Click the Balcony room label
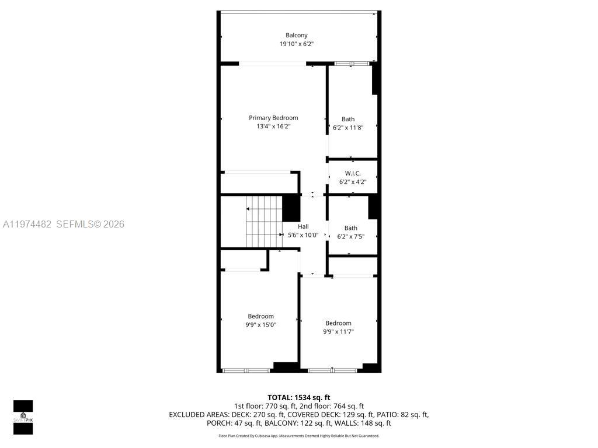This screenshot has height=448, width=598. pos(296,35)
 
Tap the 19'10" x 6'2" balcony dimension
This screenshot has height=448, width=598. pos(296,44)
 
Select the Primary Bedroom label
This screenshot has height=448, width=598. pos(273,118)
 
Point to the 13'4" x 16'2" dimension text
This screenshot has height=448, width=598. pos(273,126)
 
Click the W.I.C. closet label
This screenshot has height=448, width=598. pos(353,173)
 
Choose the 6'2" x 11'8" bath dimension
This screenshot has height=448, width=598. pos(347,128)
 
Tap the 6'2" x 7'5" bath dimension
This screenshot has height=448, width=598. pos(351,237)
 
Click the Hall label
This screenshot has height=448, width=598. pos(303,226)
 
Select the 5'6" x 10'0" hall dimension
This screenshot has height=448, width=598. pos(303,235)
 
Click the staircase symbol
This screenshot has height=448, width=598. pos(263,222)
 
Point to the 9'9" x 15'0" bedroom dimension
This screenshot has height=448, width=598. pos(260,325)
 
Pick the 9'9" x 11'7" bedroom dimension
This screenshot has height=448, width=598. pos(338,332)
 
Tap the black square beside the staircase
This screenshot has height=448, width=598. pos(291,208)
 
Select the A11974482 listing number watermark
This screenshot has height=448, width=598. pos(27,224)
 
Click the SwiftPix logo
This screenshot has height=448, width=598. pos(23,417)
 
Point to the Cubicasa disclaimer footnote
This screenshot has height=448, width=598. pos(298,436)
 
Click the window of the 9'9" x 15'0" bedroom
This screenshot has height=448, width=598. pos(245,370)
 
